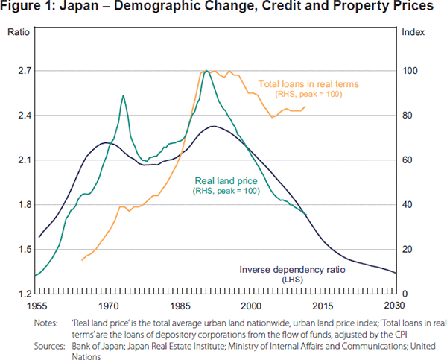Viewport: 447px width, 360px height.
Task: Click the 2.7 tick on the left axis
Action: pos(17,71)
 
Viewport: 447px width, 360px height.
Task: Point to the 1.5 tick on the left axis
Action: pos(17,250)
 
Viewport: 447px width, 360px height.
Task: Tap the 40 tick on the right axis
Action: pos(407,205)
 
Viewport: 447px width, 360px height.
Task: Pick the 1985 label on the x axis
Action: pos(180,306)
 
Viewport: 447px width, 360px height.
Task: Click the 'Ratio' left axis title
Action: pos(18,34)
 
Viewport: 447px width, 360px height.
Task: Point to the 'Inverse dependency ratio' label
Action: pos(290,268)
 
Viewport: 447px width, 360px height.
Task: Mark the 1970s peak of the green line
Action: pos(123,95)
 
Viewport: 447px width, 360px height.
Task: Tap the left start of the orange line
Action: pos(81,260)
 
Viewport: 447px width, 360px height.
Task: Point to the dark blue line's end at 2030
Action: pos(395,273)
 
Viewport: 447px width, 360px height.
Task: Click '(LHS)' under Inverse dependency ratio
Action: pos(290,279)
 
